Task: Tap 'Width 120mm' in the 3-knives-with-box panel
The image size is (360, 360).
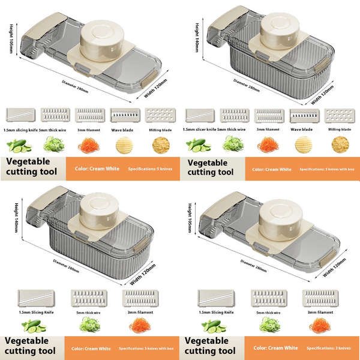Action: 143,274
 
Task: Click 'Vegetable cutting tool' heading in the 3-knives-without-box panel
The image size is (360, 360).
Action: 210,346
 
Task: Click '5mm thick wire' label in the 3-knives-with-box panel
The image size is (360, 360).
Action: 88,313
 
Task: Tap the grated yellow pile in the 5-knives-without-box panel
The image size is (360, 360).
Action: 160,145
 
